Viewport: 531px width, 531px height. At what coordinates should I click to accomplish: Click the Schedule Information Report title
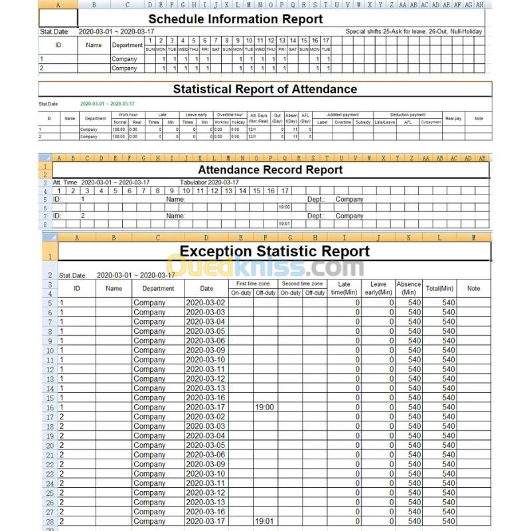coord(236,19)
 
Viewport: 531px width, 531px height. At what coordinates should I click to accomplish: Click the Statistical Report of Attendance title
coord(265,89)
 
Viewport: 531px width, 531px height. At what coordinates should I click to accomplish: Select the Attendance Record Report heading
coord(270,170)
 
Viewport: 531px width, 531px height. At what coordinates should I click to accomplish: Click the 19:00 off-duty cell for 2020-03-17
coord(265,407)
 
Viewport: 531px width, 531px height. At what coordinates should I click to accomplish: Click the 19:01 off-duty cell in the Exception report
coord(265,522)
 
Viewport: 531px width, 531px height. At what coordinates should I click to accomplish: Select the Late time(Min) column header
coord(344,289)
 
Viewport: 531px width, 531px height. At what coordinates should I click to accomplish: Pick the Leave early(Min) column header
coord(378,289)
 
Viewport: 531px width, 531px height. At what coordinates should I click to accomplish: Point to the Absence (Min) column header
coord(409,289)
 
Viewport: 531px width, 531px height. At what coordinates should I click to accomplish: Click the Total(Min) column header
coord(440,289)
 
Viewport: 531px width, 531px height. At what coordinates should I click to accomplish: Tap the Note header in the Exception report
coord(473,289)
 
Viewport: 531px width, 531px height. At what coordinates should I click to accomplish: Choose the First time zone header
coord(252,283)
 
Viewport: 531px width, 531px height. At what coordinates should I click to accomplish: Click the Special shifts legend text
coord(414,31)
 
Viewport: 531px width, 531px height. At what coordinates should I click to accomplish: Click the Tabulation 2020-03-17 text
coord(211,182)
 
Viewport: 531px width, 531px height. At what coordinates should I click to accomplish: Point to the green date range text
coord(107,104)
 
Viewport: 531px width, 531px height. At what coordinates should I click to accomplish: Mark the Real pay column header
coord(453,117)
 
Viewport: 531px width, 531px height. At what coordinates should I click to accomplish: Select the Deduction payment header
coord(408,115)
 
